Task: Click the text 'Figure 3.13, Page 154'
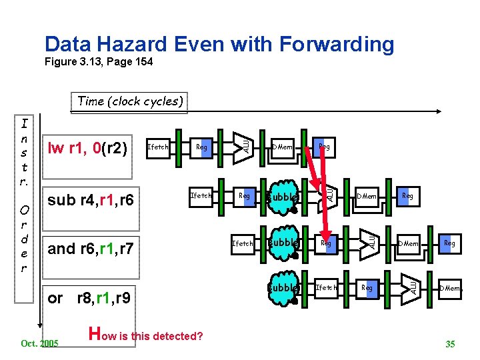(x=98, y=62)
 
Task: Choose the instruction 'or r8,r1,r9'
(x=90, y=297)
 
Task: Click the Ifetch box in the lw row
(x=157, y=147)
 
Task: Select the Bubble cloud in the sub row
(x=282, y=197)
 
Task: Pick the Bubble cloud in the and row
(x=282, y=243)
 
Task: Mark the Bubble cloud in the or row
(x=282, y=288)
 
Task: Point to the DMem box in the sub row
(x=367, y=196)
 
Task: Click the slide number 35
(x=450, y=344)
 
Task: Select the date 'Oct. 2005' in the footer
(x=40, y=343)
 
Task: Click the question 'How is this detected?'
(x=146, y=335)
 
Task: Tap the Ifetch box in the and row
(x=242, y=243)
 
